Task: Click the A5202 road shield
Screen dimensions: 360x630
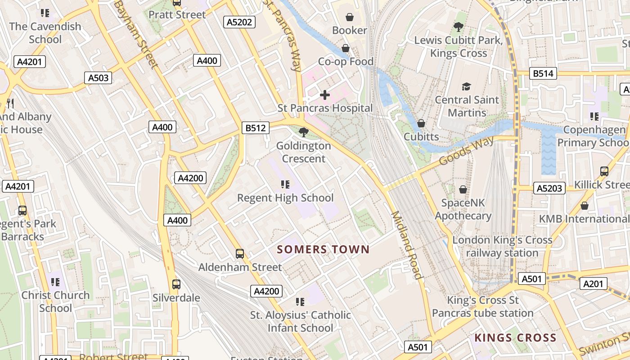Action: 239,22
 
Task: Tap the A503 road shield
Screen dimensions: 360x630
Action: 98,78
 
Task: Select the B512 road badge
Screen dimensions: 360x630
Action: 255,128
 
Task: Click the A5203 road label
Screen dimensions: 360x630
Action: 549,188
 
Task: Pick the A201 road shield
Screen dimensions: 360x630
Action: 594,283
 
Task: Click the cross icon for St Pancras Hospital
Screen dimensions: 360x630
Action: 324,95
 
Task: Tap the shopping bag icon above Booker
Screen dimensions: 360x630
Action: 349,18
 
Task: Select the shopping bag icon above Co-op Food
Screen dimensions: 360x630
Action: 346,48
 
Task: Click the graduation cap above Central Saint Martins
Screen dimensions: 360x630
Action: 466,86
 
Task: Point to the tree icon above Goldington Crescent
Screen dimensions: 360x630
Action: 303,132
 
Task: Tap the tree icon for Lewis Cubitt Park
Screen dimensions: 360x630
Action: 458,27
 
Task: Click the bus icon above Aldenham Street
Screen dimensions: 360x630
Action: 240,254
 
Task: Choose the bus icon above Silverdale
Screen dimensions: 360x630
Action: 176,284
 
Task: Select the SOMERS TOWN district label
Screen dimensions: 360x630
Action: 323,249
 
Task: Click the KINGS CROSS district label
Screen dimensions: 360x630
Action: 515,337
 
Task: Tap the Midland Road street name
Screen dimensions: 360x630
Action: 406,245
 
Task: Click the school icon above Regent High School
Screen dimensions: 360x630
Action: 285,184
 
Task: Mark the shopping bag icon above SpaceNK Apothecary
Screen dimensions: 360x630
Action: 463,189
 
